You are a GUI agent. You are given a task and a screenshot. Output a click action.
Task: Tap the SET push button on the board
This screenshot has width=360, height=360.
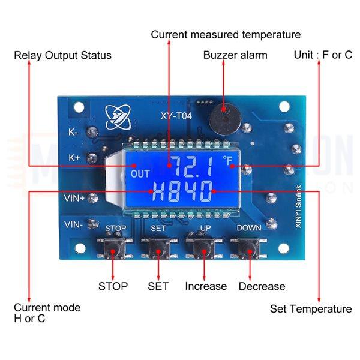pos(159,248)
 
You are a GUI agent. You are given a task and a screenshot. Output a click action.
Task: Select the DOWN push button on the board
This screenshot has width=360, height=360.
pos(249,248)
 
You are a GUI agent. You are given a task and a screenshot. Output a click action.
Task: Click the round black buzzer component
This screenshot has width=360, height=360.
pos(225,119)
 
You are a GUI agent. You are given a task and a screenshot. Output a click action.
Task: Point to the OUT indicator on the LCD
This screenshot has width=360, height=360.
pos(140,174)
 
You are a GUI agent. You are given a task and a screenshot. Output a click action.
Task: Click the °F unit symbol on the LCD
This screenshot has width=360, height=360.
pos(228,160)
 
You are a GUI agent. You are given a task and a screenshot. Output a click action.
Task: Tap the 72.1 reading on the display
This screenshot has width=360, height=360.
pos(193,166)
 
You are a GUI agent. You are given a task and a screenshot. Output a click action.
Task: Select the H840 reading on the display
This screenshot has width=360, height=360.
pos(182,191)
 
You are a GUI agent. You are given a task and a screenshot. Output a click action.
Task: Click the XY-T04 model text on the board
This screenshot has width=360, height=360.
pos(176,116)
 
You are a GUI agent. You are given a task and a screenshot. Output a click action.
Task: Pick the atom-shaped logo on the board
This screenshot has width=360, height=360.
pos(118,116)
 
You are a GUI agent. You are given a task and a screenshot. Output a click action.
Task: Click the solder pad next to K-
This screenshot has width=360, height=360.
pos(92,132)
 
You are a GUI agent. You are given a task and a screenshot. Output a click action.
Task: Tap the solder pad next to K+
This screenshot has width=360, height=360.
pos(92,158)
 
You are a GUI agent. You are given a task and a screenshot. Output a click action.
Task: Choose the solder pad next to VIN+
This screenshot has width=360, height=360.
pos(92,198)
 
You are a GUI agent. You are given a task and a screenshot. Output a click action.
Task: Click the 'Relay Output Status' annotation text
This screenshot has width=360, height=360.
pos(62,56)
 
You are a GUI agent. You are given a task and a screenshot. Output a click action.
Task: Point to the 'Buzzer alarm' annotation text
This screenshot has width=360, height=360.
pos(235,55)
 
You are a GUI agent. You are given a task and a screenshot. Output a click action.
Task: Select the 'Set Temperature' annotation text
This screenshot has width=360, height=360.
pos(311,309)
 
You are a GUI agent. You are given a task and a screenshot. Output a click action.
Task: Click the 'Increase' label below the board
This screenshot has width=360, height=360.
pos(206,286)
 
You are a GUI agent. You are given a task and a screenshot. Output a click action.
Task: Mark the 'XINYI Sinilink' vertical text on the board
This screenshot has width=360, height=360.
pos(298,206)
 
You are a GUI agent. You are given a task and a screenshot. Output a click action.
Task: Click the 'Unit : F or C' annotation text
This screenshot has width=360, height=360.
pos(323,55)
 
